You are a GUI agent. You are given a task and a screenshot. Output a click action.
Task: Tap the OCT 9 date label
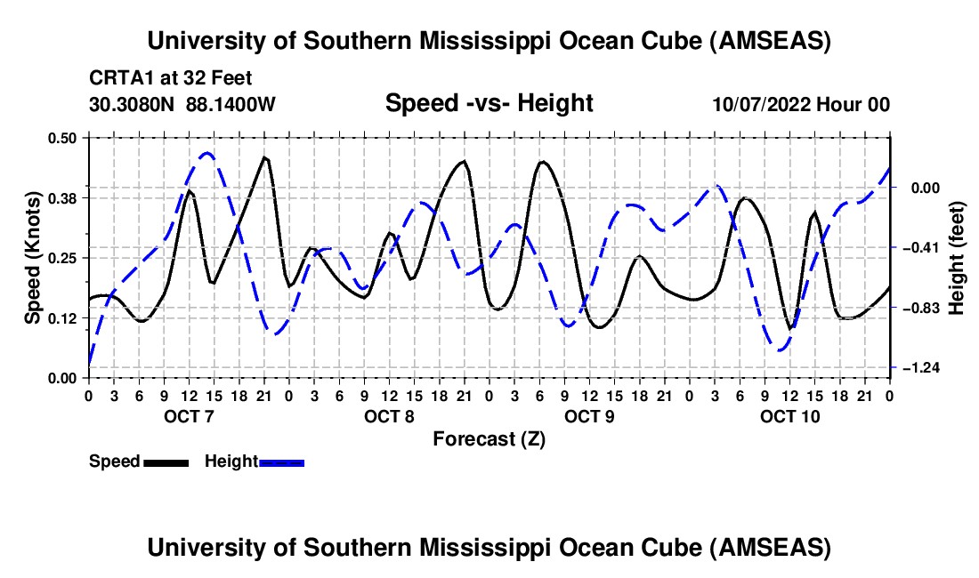(589, 416)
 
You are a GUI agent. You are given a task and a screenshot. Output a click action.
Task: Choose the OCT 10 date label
(789, 416)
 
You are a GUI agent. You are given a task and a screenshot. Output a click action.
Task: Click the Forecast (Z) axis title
(489, 438)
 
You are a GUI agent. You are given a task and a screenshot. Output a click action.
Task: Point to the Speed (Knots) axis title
(32, 257)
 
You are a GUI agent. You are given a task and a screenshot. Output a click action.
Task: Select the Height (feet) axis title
(957, 257)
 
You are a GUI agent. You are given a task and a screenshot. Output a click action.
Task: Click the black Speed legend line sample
(166, 462)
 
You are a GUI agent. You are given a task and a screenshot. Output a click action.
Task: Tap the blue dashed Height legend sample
(282, 462)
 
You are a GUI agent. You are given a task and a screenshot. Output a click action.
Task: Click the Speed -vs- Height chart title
(489, 103)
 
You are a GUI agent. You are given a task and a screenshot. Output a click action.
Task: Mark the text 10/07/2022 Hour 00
(801, 105)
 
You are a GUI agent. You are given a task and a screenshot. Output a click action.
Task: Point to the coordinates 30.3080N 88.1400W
(182, 104)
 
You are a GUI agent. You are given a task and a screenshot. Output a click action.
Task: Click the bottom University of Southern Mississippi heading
(489, 548)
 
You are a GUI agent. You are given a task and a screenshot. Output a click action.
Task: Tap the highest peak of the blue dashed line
(206, 153)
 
